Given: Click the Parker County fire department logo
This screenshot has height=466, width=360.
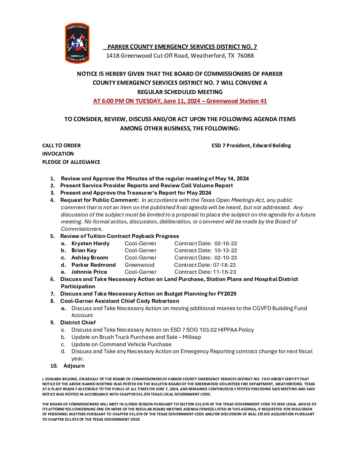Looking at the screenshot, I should point(77,43).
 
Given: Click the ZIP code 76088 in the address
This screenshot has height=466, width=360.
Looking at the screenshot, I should point(246,56).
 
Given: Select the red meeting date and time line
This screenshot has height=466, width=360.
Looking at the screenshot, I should point(180,101).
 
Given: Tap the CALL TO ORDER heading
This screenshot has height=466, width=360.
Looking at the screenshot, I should point(61,146).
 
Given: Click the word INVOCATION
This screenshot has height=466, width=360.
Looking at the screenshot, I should point(58,154).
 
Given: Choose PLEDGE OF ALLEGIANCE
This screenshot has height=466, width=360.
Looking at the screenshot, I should point(71,162).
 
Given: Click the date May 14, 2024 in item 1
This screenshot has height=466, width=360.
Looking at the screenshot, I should point(232,179).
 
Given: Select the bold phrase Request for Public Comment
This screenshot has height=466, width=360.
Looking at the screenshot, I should point(99,200).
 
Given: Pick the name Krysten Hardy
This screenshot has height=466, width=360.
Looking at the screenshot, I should point(90,244).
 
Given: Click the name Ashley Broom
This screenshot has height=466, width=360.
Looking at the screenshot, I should point(90,258).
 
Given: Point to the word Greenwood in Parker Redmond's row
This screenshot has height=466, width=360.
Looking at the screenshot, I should point(140,265).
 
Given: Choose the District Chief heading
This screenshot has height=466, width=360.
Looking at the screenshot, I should point(78,323).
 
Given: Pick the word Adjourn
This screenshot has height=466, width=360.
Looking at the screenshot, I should point(74,366).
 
